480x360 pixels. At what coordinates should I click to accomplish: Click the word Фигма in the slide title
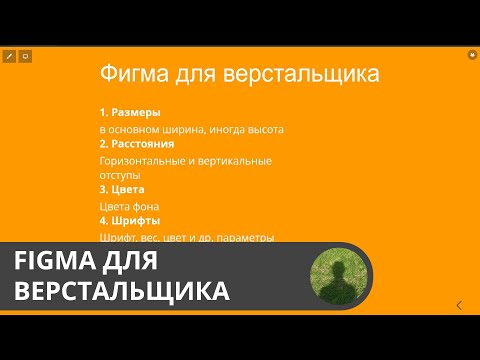pyautogui.click(x=131, y=74)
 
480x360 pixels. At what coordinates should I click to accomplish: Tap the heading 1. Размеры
pyautogui.click(x=130, y=112)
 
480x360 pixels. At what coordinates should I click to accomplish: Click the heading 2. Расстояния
pyautogui.click(x=139, y=143)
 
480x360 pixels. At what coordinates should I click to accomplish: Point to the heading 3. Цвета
pyautogui.click(x=123, y=189)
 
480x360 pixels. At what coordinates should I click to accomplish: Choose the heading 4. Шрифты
pyautogui.click(x=130, y=220)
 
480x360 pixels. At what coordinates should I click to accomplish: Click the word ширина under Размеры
pyautogui.click(x=185, y=129)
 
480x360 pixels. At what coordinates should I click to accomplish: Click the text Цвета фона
pyautogui.click(x=130, y=206)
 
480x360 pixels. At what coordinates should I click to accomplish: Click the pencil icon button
pyautogui.click(x=9, y=56)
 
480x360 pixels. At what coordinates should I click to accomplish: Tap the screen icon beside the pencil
pyautogui.click(x=25, y=56)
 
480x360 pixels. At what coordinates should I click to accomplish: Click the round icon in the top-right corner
pyautogui.click(x=472, y=56)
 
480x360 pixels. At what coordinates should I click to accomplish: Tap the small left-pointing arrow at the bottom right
pyautogui.click(x=458, y=305)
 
